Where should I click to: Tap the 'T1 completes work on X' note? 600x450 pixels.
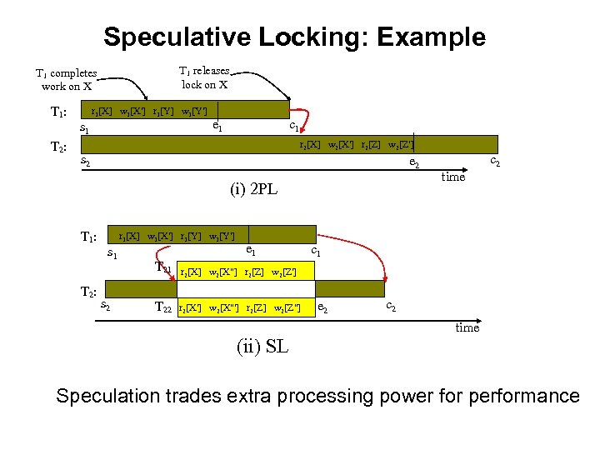[x=66, y=80]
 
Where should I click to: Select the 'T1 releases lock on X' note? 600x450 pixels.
[x=204, y=77]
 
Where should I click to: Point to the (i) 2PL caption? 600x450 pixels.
[x=253, y=189]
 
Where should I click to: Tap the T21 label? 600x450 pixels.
[x=164, y=268]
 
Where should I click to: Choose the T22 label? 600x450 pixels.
[x=164, y=307]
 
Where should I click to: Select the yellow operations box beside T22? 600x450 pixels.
[x=247, y=308]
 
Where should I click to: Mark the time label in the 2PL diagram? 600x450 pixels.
[x=453, y=177]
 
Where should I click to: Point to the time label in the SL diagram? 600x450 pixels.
[x=467, y=327]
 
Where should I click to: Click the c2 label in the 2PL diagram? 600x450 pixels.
[x=494, y=161]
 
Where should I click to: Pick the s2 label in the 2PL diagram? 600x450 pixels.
[x=85, y=160]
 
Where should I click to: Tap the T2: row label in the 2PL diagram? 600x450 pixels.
[x=58, y=147]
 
